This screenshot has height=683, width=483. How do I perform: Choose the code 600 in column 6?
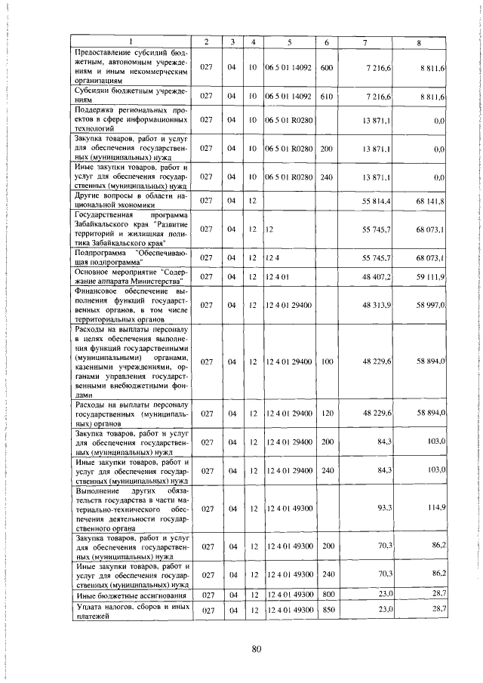pyautogui.click(x=326, y=68)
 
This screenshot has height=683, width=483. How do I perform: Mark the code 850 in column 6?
pyautogui.click(x=326, y=609)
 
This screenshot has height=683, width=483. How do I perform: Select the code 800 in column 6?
pyautogui.click(x=326, y=595)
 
